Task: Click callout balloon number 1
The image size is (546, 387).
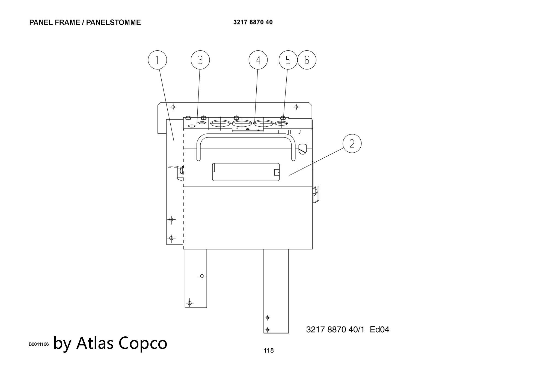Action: point(157,60)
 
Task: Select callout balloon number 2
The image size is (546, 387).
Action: point(352,143)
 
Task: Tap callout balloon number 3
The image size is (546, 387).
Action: point(200,60)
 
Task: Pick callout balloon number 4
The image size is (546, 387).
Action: point(258,60)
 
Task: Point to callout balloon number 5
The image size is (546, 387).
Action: point(288,60)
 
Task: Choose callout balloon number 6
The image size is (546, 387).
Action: point(307,60)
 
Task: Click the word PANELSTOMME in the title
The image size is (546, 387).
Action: point(113,22)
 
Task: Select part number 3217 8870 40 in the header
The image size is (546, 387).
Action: point(253,22)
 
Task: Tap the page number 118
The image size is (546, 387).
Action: point(269,350)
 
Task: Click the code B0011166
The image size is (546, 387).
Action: point(39,344)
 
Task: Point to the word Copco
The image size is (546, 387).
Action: point(143,343)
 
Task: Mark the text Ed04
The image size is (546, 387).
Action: point(379,330)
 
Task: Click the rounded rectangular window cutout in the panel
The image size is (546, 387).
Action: point(246,172)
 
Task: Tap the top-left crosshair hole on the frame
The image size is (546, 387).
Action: point(173,107)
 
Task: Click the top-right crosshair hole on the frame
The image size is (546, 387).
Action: point(296,107)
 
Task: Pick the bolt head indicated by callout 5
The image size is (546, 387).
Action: point(283,118)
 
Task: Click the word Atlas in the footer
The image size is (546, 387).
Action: point(95,343)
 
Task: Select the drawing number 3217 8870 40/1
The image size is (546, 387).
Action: point(335,330)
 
